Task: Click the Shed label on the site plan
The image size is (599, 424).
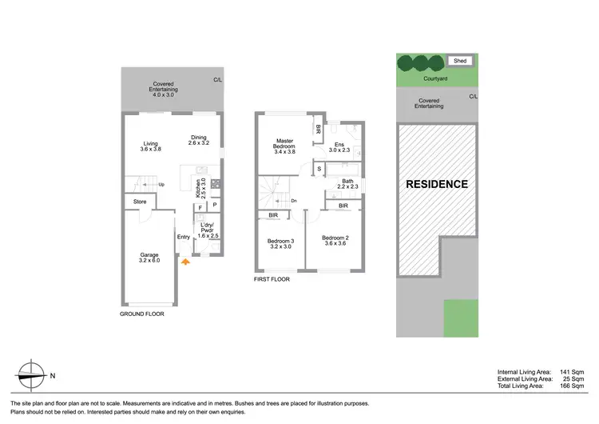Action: pos(460,61)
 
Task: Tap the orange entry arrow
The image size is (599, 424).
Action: pos(185,260)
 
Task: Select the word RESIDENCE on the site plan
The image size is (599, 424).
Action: pos(437,184)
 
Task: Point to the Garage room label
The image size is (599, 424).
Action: pos(149,258)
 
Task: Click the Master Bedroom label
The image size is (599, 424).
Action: pos(284,146)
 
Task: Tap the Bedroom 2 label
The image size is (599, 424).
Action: pos(336,241)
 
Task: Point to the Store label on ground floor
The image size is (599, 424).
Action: pos(140,202)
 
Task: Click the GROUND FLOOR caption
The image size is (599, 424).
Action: pos(141,314)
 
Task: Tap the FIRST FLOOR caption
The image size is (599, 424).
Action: pos(272,280)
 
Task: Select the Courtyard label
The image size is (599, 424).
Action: pos(435,79)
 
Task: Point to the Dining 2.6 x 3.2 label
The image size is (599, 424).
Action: pos(198,139)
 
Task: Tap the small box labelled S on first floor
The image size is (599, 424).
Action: pos(319,169)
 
